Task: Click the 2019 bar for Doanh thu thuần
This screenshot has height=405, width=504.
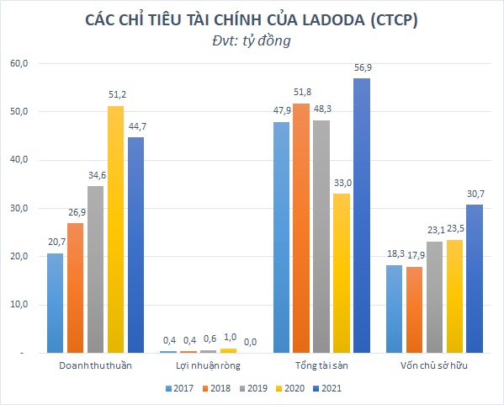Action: click(x=96, y=269)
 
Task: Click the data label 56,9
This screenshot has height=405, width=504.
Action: click(x=361, y=68)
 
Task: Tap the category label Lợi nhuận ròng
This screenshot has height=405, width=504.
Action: click(x=197, y=367)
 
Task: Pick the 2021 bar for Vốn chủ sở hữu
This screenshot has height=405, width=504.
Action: click(x=473, y=279)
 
